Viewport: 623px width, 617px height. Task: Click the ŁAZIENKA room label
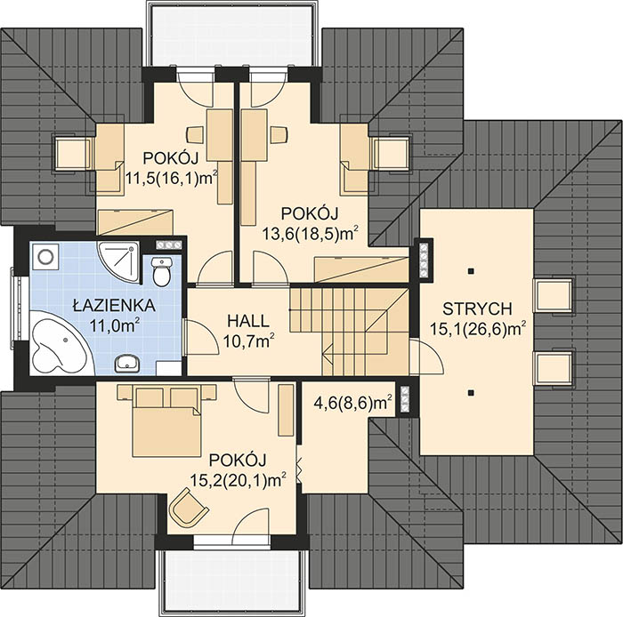coord(114,305)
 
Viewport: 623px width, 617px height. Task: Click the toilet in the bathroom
coord(161,270)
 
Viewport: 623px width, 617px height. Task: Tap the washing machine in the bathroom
coord(45,256)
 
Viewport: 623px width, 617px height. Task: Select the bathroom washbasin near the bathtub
coord(127,363)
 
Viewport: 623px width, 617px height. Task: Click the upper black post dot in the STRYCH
coord(471,271)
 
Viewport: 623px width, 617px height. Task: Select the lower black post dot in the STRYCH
coord(471,393)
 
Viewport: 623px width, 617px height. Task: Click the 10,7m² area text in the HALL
coord(249,340)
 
